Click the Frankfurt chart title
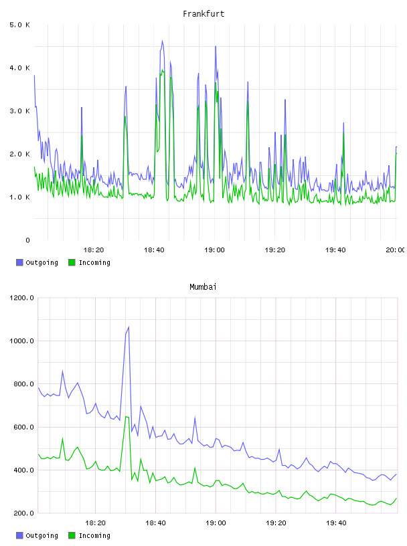click(x=203, y=13)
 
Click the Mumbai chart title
click(x=203, y=286)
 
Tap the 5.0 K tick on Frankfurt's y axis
click(x=20, y=25)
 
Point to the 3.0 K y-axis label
click(x=20, y=110)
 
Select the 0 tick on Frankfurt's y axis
click(x=27, y=240)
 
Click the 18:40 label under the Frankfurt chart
click(x=154, y=250)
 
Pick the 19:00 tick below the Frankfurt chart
click(x=214, y=250)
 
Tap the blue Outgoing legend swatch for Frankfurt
click(x=19, y=262)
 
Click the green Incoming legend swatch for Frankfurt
click(x=72, y=262)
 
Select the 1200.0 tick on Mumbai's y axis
click(x=21, y=298)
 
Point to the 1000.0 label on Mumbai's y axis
click(x=21, y=341)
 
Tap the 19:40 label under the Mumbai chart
click(x=336, y=523)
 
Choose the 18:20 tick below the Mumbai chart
click(x=95, y=523)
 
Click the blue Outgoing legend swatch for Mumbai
click(x=19, y=535)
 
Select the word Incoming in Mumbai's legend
click(x=94, y=535)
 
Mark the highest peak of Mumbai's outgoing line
click(x=129, y=327)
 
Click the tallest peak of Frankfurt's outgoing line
click(x=162, y=41)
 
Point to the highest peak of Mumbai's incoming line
click(x=126, y=416)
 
